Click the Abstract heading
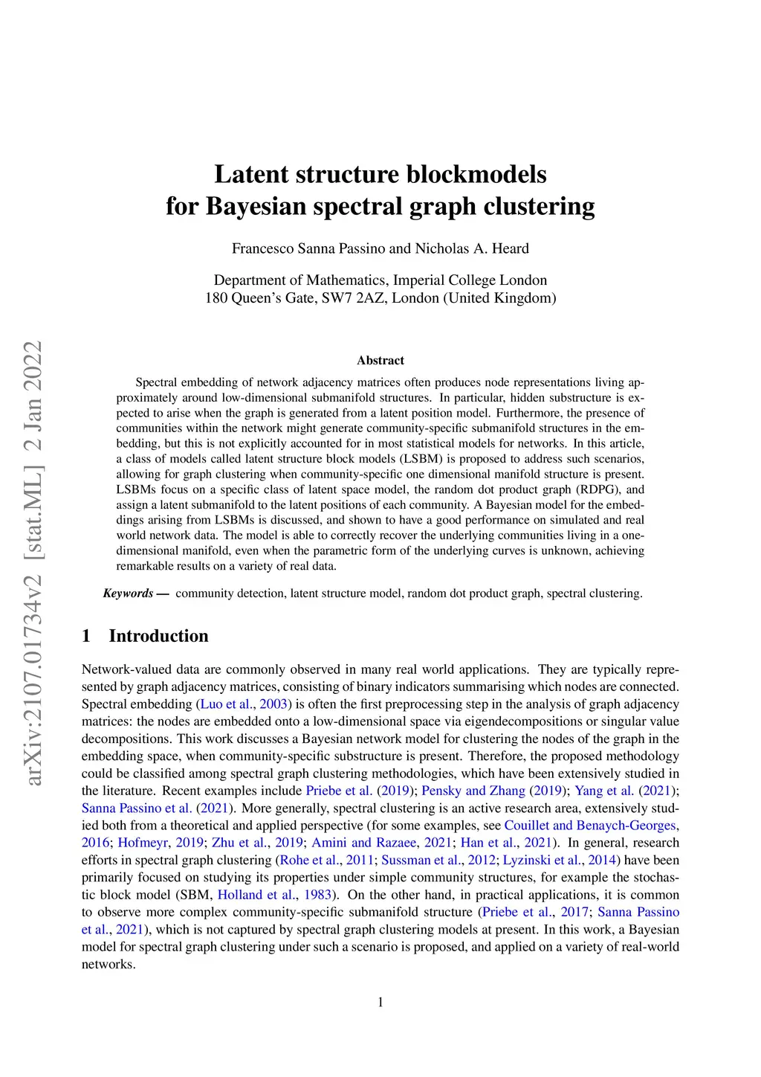point(380,361)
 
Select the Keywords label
point(128,594)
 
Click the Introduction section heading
point(158,636)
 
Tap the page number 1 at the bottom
point(380,1003)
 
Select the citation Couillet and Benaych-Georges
point(590,826)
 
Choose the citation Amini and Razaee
point(364,843)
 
